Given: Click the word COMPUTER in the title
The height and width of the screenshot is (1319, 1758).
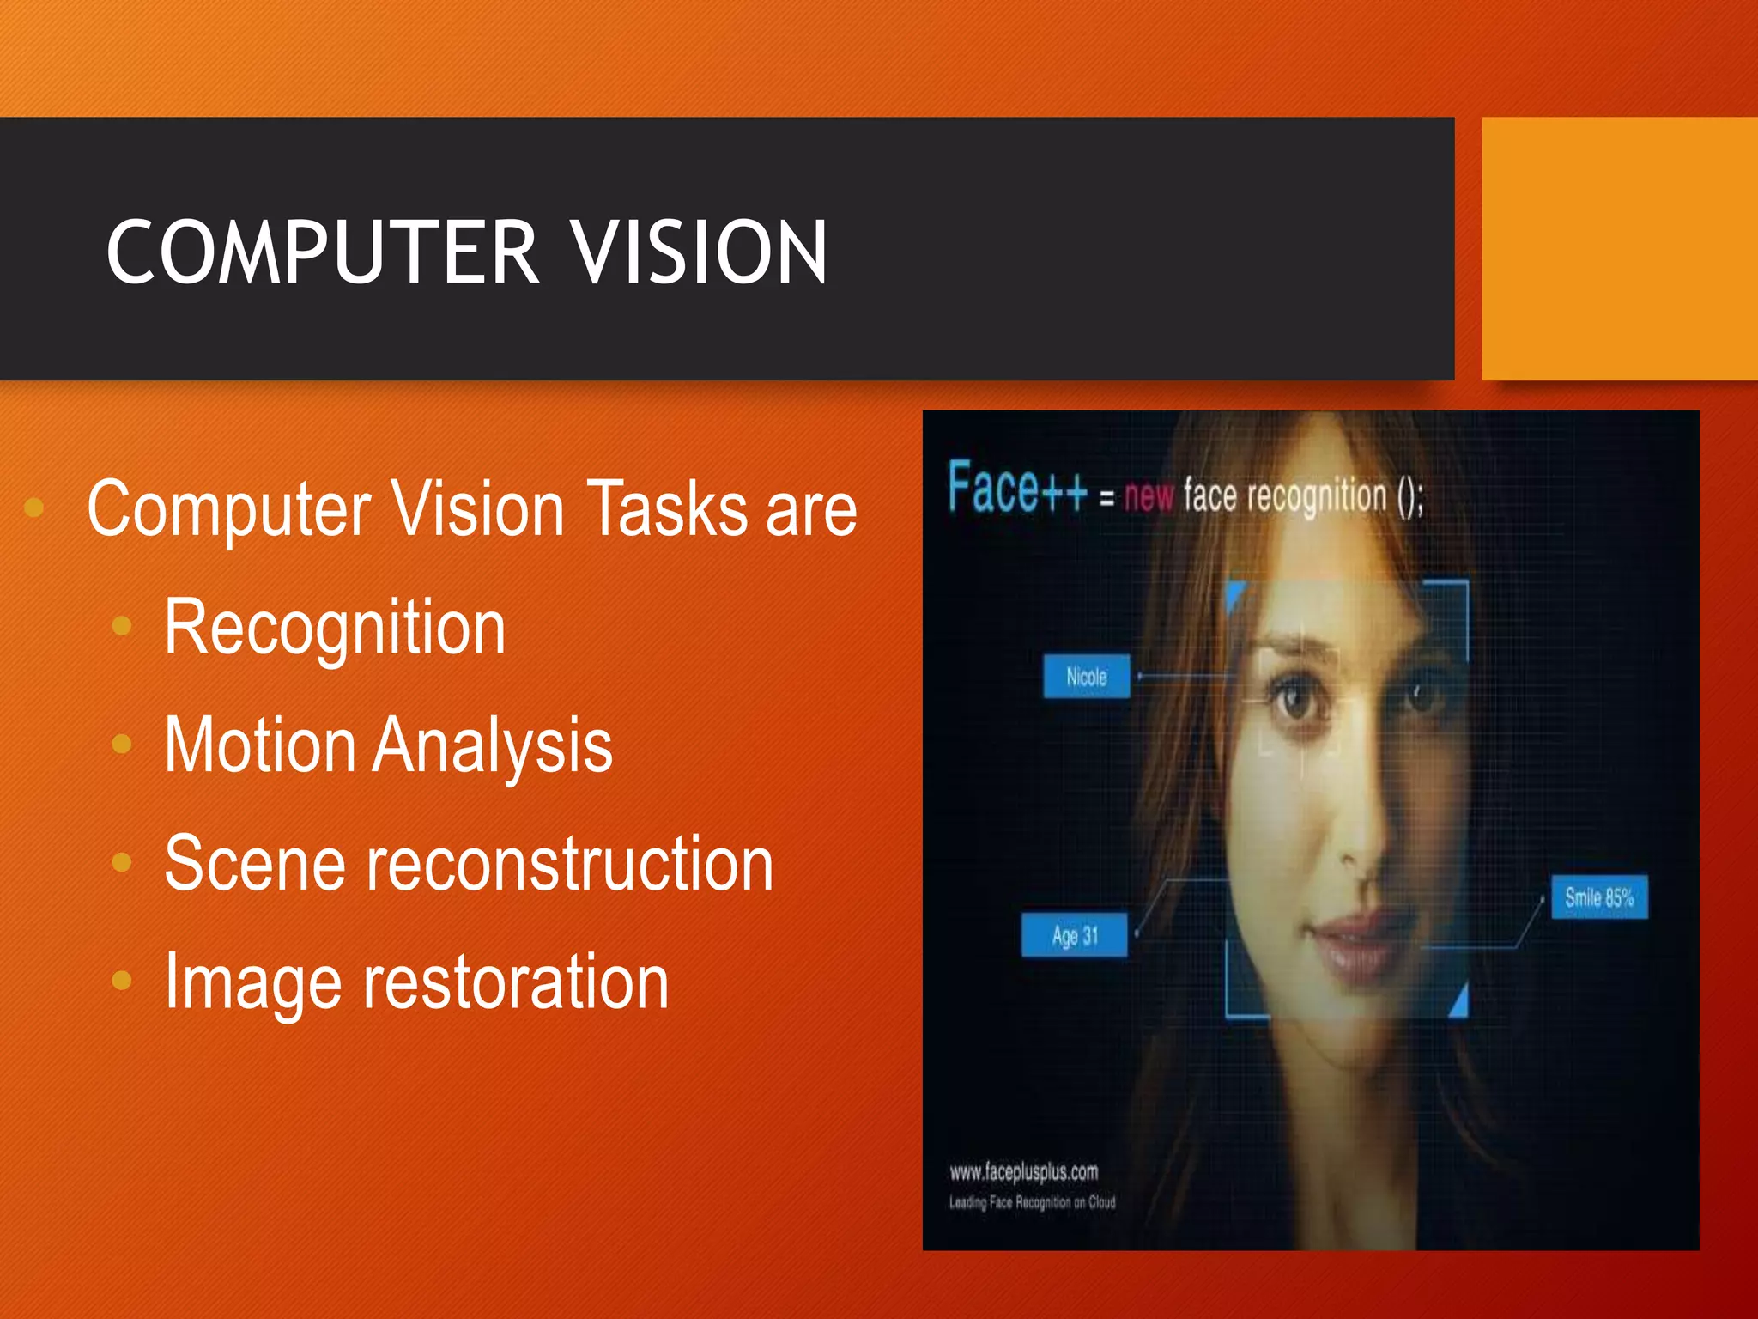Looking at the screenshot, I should point(323,252).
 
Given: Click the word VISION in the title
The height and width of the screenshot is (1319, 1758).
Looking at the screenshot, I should point(699,252).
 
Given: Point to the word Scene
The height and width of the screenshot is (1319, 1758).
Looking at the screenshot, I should point(254,864).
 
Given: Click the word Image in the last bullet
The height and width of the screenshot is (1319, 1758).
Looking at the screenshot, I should point(252,982).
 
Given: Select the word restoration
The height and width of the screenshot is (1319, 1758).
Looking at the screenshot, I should point(515,982).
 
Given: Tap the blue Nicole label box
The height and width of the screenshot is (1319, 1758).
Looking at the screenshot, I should point(1086,677).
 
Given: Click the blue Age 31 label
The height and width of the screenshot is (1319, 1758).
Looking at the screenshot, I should point(1074,935).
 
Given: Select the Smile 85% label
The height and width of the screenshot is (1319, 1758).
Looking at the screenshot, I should point(1598,898).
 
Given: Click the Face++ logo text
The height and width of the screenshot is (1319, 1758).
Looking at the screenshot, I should point(1017,488).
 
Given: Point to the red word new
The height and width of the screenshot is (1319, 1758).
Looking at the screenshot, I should point(1149,496).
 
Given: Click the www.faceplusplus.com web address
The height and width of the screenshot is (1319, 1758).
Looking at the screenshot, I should point(1023,1172).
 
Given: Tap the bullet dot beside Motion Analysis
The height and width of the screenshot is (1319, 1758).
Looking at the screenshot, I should point(122,744).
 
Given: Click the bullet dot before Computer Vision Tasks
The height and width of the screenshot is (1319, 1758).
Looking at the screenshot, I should point(34,508).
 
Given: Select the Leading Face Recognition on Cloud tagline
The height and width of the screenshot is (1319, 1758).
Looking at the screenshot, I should point(1032,1202).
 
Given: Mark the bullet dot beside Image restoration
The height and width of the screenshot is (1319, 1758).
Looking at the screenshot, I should point(122,980).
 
